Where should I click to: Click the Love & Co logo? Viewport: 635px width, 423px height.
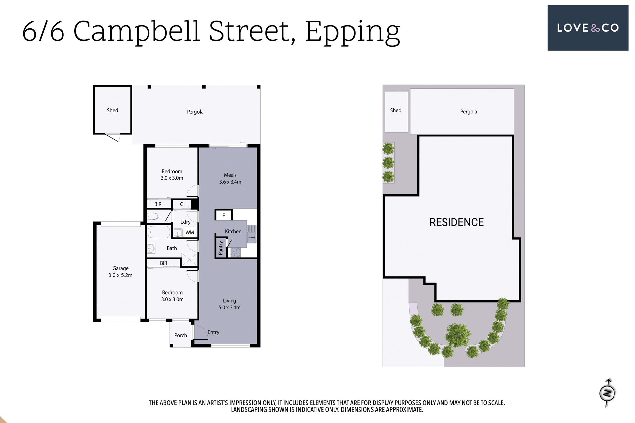[x=588, y=28]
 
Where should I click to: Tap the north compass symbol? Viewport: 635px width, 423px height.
[x=607, y=393]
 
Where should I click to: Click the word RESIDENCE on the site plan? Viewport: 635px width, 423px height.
[x=456, y=222]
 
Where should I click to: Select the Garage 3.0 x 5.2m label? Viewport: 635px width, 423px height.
[x=120, y=272]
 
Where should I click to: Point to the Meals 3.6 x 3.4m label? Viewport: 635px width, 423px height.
[x=230, y=178]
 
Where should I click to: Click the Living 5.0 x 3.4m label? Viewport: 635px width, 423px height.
[x=230, y=304]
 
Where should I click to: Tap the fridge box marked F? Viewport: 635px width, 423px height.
[x=224, y=215]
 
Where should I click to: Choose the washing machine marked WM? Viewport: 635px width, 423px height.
[x=190, y=232]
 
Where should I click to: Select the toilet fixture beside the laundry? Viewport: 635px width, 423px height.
[x=153, y=217]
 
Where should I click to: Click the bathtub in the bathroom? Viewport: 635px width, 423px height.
[x=159, y=232]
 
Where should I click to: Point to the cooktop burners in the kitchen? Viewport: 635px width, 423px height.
[x=236, y=252]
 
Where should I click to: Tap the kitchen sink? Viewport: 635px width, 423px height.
[x=252, y=234]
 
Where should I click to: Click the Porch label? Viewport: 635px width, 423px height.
[x=181, y=335]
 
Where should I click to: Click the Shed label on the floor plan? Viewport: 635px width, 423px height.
[x=112, y=110]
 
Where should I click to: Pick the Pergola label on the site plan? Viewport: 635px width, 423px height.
[x=469, y=112]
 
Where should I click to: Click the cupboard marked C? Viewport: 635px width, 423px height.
[x=182, y=204]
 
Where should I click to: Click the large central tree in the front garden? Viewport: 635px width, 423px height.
[x=458, y=335]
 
